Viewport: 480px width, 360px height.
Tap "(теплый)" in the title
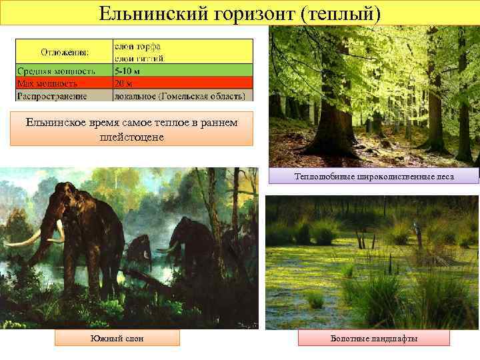click(341, 13)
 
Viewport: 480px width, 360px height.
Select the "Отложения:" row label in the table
click(65, 52)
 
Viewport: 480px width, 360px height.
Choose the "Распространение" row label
click(53, 96)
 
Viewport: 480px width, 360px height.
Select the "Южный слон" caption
click(117, 339)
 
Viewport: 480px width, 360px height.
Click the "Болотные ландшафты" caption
click(374, 339)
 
